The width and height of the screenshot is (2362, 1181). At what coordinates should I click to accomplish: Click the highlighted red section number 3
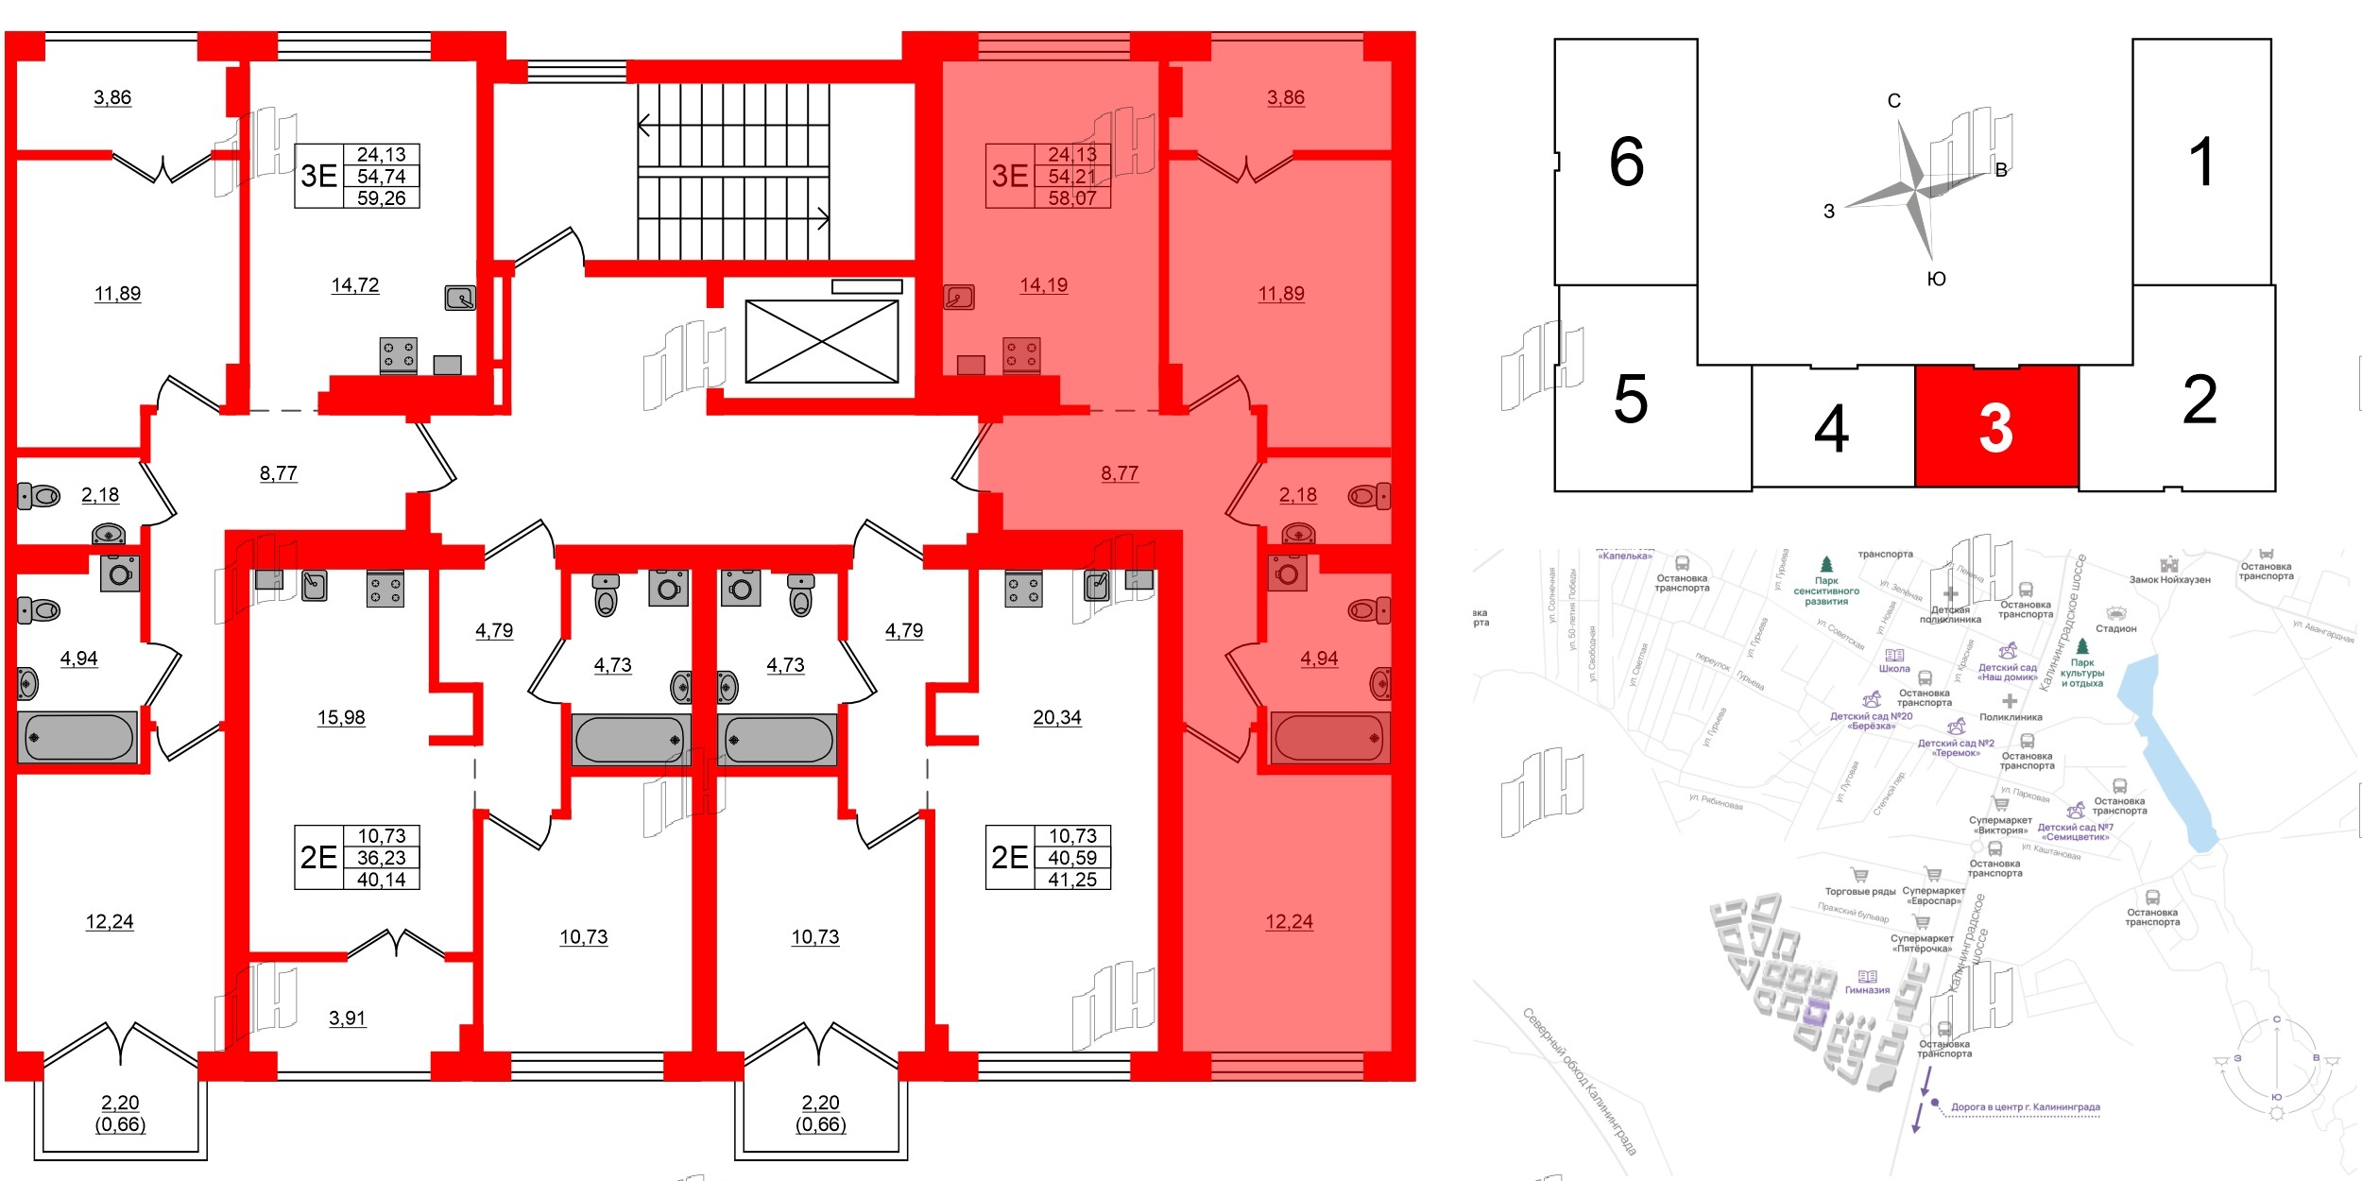click(x=1995, y=428)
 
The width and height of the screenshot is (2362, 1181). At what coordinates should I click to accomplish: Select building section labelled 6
click(x=1626, y=162)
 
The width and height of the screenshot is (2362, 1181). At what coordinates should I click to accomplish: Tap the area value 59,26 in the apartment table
click(x=381, y=197)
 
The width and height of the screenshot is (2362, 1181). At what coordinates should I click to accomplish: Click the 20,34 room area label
click(x=1056, y=717)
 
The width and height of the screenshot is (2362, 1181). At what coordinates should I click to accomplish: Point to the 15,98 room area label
click(x=341, y=717)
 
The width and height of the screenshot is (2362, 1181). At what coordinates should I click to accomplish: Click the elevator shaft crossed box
click(x=822, y=341)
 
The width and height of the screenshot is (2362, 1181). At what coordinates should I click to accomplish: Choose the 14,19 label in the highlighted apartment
click(x=1043, y=284)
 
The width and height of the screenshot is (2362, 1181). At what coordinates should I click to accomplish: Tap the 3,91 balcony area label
click(x=347, y=1018)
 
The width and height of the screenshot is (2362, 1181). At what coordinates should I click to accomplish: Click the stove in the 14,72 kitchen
click(x=398, y=355)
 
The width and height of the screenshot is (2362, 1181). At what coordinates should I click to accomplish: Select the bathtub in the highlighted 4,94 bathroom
click(x=1329, y=738)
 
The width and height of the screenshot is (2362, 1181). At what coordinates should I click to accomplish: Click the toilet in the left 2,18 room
click(x=39, y=495)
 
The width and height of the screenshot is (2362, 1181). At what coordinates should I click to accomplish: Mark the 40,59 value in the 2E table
click(x=1071, y=858)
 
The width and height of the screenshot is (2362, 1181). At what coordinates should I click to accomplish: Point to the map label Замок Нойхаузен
click(x=2169, y=579)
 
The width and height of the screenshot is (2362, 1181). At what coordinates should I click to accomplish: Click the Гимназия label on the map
click(x=1867, y=990)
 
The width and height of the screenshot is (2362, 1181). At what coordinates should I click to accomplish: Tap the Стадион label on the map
click(x=2115, y=628)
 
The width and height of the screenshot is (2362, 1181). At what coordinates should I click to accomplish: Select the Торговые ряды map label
click(x=1859, y=891)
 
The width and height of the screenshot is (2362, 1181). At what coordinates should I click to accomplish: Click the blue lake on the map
click(x=2170, y=756)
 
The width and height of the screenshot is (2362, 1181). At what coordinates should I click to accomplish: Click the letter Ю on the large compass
click(x=1936, y=279)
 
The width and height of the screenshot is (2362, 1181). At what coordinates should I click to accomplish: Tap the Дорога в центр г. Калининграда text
click(x=2025, y=1106)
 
